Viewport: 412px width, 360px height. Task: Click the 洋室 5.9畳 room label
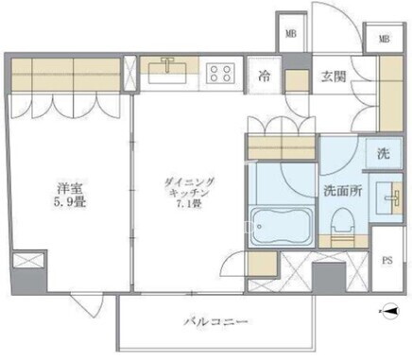pos(70,196)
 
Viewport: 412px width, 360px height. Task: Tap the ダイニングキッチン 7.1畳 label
pos(189,193)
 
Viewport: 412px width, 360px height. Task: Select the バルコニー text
pos(215,322)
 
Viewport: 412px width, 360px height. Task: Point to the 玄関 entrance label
pos(334,77)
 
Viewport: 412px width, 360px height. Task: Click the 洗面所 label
pos(343,191)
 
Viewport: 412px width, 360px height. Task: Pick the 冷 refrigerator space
pos(264,76)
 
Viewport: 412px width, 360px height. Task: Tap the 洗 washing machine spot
pos(384,153)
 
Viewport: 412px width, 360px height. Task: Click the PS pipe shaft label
pos(387,261)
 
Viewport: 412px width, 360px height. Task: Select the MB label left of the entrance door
pos(291,34)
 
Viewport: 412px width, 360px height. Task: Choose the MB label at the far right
pos(384,39)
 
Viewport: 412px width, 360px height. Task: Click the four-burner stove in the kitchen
pos(220,74)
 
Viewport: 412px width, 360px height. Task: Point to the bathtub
pos(282,226)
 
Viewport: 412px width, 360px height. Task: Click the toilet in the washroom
pos(343,222)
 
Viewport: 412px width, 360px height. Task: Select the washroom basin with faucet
pos(389,198)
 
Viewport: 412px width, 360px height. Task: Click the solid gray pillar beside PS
pos(329,278)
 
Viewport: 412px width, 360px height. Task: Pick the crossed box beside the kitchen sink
pos(129,74)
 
